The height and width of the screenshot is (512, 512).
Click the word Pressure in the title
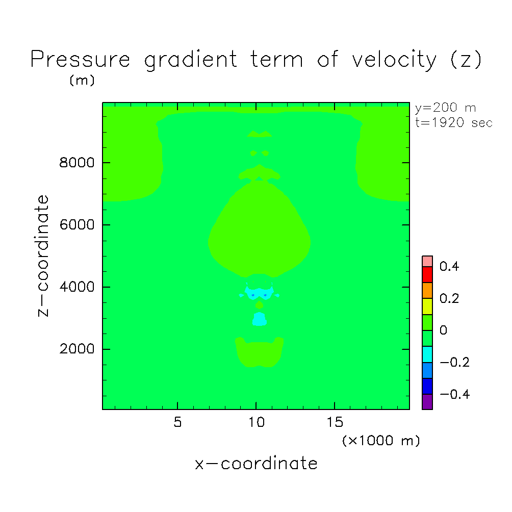tap(81, 59)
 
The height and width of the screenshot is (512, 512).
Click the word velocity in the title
tap(394, 60)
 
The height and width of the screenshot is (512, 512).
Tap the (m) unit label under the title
tap(82, 81)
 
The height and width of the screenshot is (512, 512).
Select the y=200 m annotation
tap(445, 108)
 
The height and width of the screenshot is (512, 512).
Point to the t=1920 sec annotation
tap(453, 123)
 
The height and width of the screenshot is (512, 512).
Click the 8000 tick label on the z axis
tap(76, 163)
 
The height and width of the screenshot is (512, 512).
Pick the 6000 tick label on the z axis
tap(76, 225)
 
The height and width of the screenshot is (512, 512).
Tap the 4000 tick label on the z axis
tap(76, 287)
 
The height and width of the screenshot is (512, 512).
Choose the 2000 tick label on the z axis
tap(76, 349)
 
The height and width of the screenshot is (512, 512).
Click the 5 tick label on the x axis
tap(177, 422)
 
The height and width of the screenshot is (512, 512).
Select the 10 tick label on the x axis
tap(257, 422)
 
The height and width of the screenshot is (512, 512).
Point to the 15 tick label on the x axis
tap(335, 422)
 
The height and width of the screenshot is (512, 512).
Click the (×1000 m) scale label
tap(381, 441)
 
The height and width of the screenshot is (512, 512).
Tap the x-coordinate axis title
tap(256, 464)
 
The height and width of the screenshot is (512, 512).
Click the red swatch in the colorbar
tap(427, 274)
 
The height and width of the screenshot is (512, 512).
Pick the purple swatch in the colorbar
tap(427, 402)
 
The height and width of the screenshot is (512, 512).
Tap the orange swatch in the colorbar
tap(427, 291)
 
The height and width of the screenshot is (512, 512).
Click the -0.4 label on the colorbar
tap(454, 394)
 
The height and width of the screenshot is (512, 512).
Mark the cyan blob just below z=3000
tap(260, 319)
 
